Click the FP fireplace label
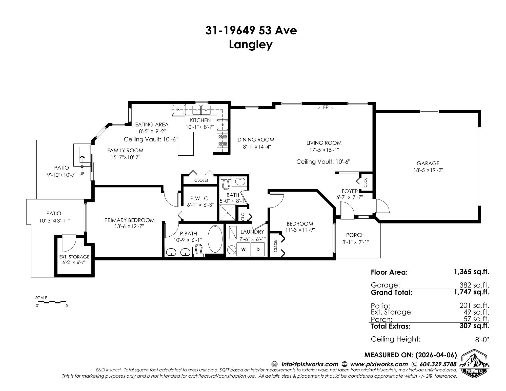click(x=326, y=107)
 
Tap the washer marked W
click(x=244, y=250)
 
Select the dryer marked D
click(x=258, y=250)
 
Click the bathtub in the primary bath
click(x=215, y=239)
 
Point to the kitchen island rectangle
click(x=186, y=143)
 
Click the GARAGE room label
click(x=428, y=163)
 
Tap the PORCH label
click(x=355, y=235)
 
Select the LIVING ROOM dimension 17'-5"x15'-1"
click(x=324, y=150)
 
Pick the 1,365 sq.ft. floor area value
click(x=471, y=272)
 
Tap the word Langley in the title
click(x=251, y=45)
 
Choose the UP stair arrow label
click(x=82, y=174)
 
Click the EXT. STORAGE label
click(x=74, y=257)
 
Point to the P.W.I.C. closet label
click(x=200, y=199)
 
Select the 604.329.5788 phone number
click(x=438, y=364)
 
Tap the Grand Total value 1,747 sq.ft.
click(x=471, y=292)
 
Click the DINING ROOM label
click(x=256, y=140)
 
